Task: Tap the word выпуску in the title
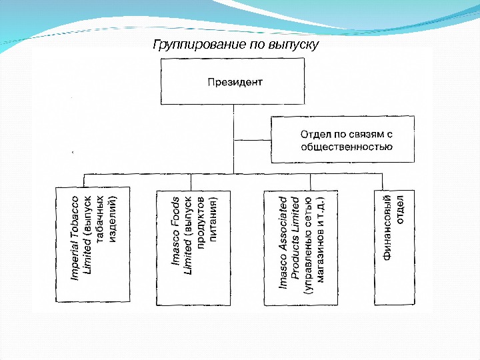[x=294, y=45]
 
